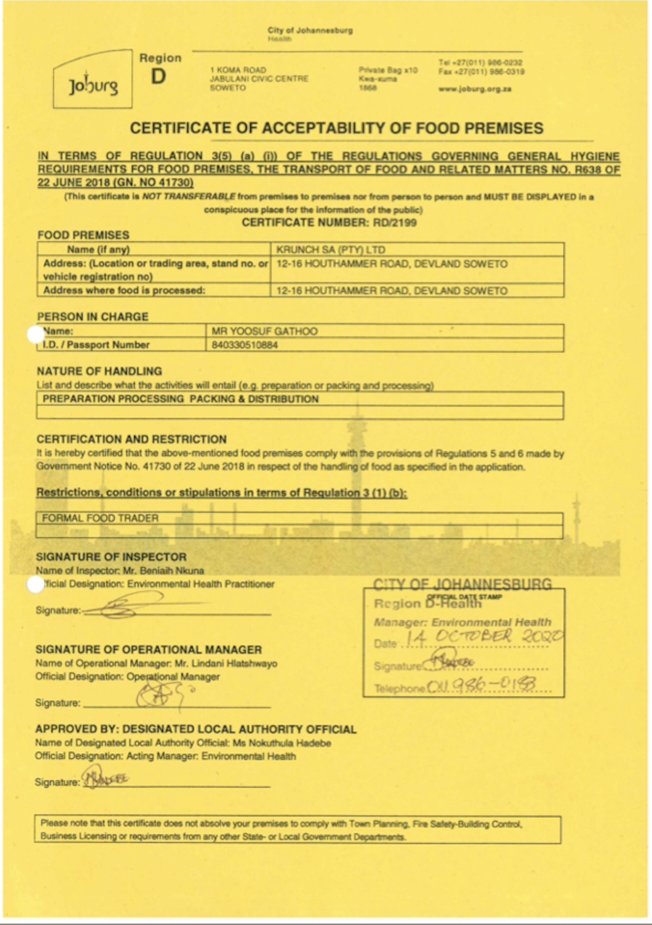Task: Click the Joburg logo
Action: [93, 85]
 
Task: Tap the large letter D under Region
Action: [159, 77]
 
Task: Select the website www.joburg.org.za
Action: [475, 89]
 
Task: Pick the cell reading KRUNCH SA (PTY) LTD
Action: [331, 250]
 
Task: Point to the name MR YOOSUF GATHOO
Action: [264, 331]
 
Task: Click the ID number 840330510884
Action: [245, 345]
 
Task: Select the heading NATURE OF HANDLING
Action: [99, 371]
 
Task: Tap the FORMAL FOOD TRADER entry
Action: [100, 518]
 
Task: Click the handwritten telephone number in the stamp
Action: [481, 686]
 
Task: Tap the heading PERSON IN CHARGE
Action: [92, 316]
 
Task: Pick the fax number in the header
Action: [481, 72]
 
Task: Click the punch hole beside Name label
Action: [35, 335]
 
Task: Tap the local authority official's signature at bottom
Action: [105, 779]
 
